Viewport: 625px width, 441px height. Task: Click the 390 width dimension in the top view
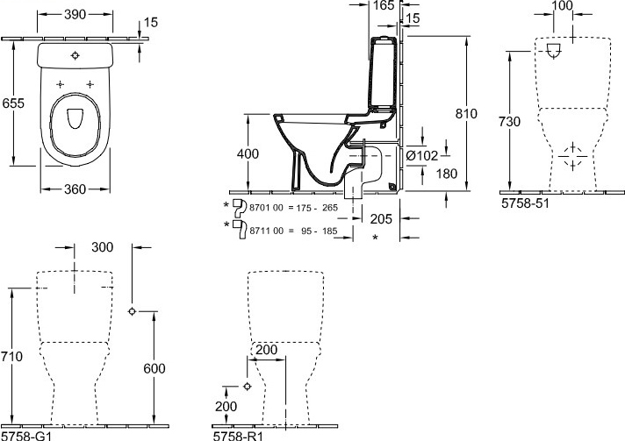(75, 14)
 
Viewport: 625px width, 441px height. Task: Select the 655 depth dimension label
(13, 103)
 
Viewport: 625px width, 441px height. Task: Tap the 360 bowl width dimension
(75, 189)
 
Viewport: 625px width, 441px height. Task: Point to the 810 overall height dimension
(466, 113)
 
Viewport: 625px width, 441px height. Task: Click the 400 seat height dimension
(248, 153)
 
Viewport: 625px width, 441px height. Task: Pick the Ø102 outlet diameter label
(422, 156)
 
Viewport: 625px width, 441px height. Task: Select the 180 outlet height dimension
(447, 174)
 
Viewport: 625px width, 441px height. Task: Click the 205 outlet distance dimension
(381, 218)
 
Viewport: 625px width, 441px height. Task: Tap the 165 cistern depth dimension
(384, 5)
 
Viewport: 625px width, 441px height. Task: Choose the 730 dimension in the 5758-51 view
(509, 121)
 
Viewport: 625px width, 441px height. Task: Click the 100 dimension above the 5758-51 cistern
(563, 6)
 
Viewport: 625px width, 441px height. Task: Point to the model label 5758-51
(525, 203)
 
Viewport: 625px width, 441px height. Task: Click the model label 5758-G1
(26, 436)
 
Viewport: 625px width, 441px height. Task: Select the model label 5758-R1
(238, 436)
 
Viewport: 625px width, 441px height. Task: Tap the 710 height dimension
(12, 356)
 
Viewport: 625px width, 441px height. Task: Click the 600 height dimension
(154, 368)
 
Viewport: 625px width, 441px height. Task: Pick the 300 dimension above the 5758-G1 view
(103, 247)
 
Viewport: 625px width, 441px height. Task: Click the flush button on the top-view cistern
(75, 55)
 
